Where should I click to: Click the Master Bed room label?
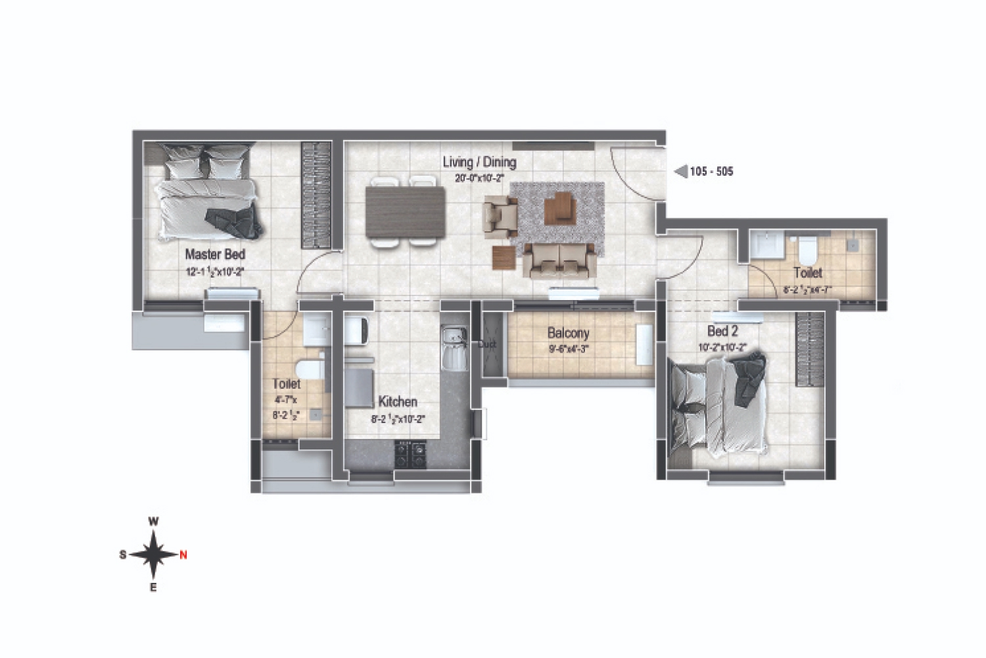coord(215,254)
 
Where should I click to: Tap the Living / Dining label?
coord(479,162)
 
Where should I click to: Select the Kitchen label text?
coord(398,401)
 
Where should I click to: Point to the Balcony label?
coord(568,334)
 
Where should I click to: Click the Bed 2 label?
coord(722,331)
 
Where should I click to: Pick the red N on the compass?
coord(183,555)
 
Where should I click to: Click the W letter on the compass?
coord(153,521)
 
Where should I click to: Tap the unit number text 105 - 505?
coord(711,172)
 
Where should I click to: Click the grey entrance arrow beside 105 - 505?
coord(681,172)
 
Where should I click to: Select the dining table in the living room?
coord(404,212)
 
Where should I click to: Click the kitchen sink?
coord(453,349)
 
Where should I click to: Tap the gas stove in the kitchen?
coord(411,455)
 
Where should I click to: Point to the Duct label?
coord(487,344)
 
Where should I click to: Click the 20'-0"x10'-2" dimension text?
coord(479,178)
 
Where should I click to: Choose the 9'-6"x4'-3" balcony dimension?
coord(568,349)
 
